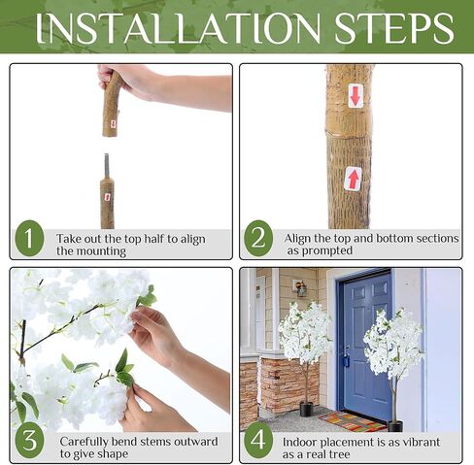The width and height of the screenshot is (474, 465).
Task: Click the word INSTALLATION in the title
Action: click(x=178, y=28)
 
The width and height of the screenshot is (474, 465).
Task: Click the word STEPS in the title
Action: click(x=394, y=28)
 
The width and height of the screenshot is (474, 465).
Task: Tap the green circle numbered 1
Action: click(x=29, y=239)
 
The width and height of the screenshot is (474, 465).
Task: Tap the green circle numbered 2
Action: click(x=258, y=239)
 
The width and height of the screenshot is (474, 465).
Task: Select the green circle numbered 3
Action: click(x=29, y=440)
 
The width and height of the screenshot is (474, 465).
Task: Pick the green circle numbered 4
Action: click(x=258, y=440)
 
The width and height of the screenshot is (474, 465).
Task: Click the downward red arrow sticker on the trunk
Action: click(x=355, y=96)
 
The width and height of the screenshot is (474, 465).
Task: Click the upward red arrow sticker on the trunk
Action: click(x=353, y=179)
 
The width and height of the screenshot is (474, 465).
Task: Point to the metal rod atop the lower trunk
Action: click(x=106, y=165)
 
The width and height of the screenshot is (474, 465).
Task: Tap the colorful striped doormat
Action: click(x=352, y=421)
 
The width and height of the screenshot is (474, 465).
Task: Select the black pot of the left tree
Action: click(x=306, y=409)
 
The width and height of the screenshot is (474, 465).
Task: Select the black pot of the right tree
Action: click(x=395, y=426)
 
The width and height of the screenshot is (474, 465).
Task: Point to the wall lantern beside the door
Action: click(x=300, y=288)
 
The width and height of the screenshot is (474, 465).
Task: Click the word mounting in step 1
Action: click(x=91, y=251)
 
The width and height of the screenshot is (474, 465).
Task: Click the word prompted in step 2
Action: click(x=327, y=250)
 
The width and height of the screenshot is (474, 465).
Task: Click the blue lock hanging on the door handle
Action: click(x=346, y=360)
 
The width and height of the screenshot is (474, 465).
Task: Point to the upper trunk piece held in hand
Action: click(x=112, y=105)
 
